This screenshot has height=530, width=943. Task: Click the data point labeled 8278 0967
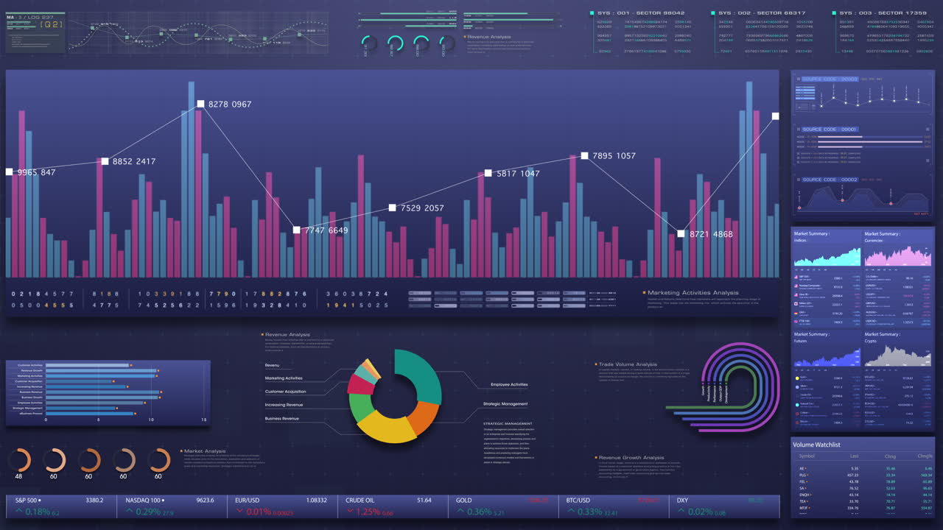[200, 105]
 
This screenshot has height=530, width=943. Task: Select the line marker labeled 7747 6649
[296, 230]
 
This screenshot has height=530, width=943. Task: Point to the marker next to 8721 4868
[681, 234]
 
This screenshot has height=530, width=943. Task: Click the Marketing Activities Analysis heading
[693, 293]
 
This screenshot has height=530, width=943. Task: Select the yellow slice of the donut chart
[387, 427]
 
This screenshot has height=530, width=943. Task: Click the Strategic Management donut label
[505, 404]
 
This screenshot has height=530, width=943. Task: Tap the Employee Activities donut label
[509, 385]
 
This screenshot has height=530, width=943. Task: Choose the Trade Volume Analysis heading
[627, 364]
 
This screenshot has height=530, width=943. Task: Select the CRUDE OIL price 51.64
[424, 501]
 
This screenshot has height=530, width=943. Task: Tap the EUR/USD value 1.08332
[316, 501]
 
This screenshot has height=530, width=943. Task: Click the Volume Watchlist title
[816, 445]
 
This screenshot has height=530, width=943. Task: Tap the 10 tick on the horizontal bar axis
[151, 420]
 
